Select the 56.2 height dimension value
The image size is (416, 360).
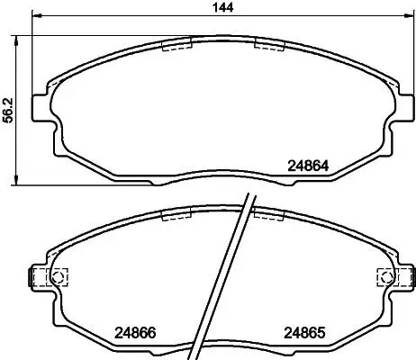pos(8,108)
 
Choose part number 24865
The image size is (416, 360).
pos(303,331)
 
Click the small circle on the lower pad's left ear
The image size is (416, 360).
pos(60,277)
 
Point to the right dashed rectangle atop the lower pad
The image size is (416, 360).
pos(268,214)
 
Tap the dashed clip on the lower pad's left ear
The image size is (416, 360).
pos(42,277)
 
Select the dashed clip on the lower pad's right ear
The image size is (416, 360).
pos(397,277)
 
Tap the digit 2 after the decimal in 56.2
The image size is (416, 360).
pos(8,94)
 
